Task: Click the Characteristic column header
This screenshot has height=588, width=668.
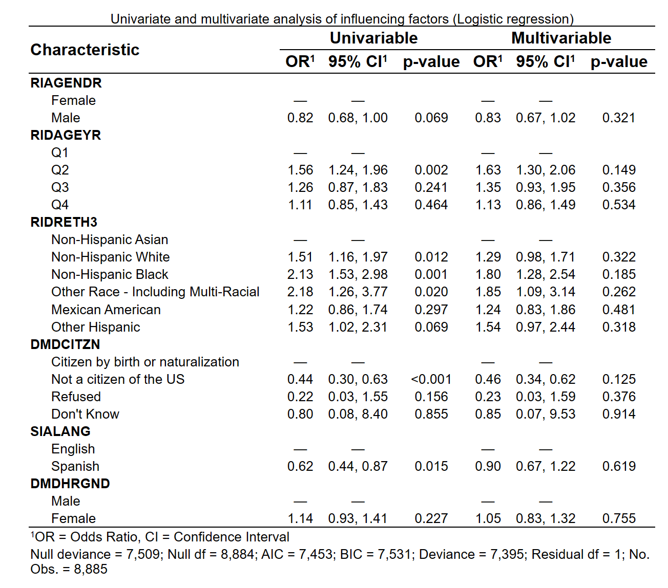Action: click(85, 50)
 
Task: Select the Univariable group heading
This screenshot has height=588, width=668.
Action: click(373, 38)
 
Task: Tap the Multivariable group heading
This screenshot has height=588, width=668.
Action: click(561, 38)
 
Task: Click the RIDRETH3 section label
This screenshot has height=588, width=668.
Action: click(64, 222)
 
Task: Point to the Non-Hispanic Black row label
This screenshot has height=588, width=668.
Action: click(110, 274)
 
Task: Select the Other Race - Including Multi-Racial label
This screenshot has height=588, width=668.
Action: click(155, 292)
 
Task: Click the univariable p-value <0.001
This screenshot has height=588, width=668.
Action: click(431, 379)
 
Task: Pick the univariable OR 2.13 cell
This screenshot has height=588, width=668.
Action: click(300, 274)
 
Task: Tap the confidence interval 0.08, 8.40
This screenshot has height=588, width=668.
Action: click(358, 414)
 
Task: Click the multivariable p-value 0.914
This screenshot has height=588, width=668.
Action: click(618, 414)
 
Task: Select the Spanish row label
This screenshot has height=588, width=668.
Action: click(75, 466)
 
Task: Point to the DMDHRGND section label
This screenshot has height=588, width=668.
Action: click(70, 484)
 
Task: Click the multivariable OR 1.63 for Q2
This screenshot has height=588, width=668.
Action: click(488, 170)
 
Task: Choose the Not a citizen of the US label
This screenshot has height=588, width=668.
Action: click(118, 379)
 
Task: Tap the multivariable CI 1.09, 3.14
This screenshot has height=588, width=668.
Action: click(546, 292)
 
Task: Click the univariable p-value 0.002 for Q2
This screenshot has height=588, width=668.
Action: click(431, 170)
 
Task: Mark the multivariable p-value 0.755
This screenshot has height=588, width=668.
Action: click(618, 518)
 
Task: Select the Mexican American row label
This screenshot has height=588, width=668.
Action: click(106, 310)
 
